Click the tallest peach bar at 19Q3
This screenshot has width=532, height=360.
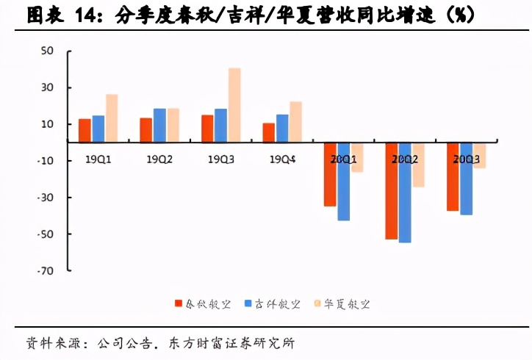(234, 104)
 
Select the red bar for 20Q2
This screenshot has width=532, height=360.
(392, 191)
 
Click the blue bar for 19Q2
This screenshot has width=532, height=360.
(159, 125)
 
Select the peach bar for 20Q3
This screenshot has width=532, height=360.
(479, 155)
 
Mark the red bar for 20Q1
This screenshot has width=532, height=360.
(330, 174)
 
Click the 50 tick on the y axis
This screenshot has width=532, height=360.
(48, 51)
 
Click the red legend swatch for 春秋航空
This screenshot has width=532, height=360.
(178, 303)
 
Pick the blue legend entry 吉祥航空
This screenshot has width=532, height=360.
(274, 303)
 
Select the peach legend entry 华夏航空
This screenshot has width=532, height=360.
(345, 303)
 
